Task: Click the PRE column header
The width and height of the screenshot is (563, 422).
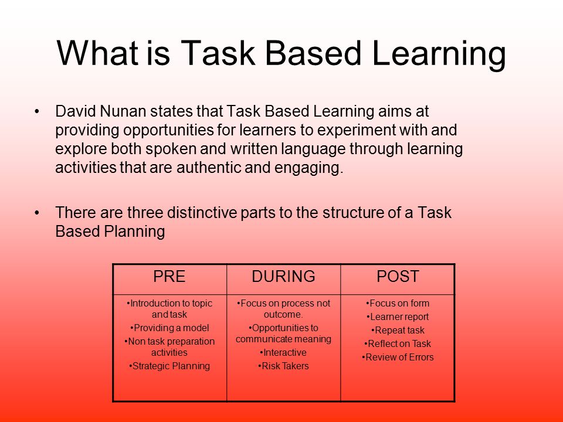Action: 169,277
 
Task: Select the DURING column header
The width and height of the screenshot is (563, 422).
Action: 284,277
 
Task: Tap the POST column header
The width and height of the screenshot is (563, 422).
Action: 398,277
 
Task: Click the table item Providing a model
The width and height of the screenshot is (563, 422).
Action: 169,328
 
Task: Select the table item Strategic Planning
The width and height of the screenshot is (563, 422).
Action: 169,366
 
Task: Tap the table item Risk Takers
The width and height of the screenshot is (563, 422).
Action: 284,366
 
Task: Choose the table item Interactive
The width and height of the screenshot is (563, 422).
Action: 284,353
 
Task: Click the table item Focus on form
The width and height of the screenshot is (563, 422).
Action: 398,303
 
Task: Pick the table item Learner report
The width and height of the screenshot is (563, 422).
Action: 398,317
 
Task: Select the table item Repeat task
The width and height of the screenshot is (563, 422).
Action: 398,330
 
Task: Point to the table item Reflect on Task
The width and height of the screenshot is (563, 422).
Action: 398,344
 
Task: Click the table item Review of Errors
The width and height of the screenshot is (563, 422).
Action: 398,358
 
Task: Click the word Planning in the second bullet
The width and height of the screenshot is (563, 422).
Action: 135,232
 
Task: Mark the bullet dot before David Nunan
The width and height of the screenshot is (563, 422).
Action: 36,112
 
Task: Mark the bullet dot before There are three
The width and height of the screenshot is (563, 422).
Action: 36,213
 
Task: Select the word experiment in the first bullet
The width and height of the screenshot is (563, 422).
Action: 357,131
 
